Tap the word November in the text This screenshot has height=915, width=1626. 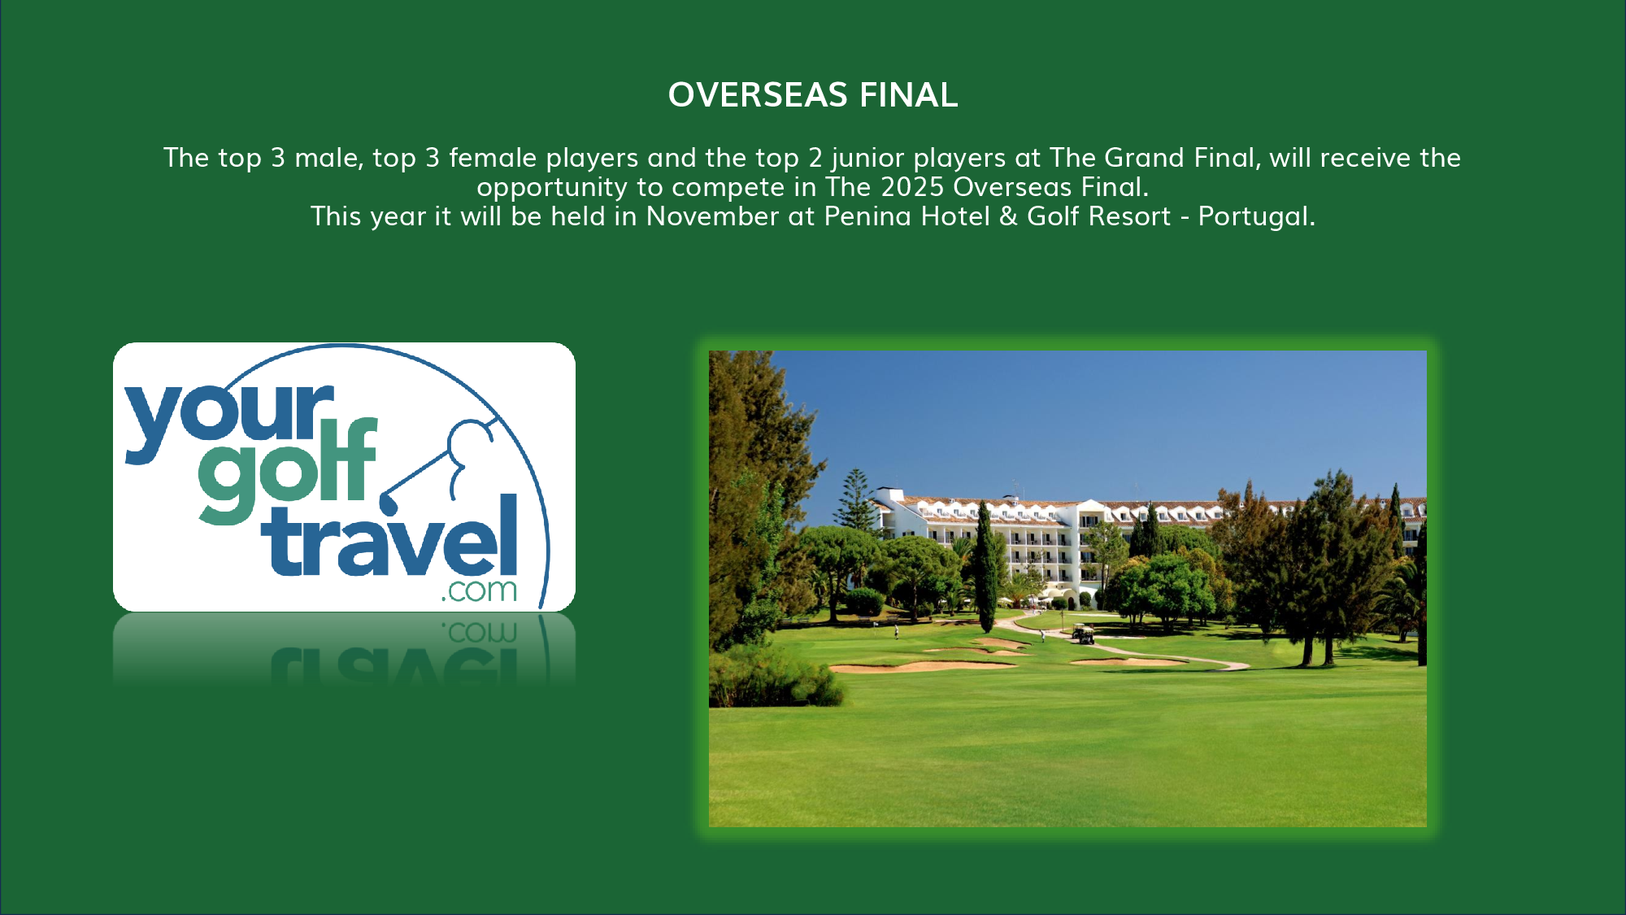pyautogui.click(x=712, y=216)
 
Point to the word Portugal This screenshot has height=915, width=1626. pyautogui.click(x=1256, y=217)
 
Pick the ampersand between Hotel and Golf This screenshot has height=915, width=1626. pyautogui.click(x=1008, y=216)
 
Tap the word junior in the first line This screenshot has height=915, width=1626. pyautogui.click(x=867, y=159)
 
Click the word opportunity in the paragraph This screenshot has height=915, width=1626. pyautogui.click(x=552, y=188)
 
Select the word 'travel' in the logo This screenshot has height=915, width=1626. pyautogui.click(x=389, y=537)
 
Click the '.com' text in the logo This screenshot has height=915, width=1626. pyautogui.click(x=479, y=590)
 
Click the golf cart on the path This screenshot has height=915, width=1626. pyautogui.click(x=1083, y=634)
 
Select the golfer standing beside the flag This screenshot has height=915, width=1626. pyautogui.click(x=898, y=631)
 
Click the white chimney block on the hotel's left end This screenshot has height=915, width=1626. pyautogui.click(x=891, y=495)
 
